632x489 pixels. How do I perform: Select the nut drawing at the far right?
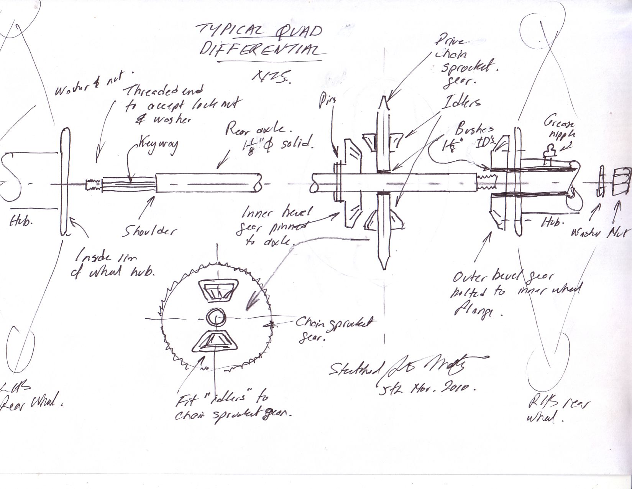point(621,182)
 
